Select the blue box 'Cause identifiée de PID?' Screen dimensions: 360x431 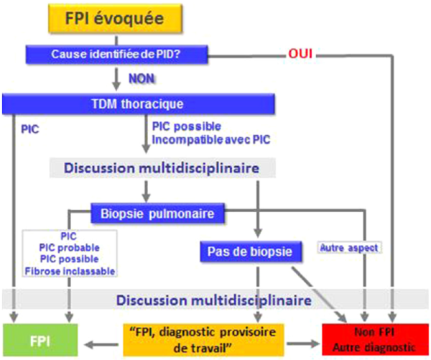[x=116, y=53]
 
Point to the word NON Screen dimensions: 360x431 [x=141, y=78]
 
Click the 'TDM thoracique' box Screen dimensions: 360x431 [x=139, y=103]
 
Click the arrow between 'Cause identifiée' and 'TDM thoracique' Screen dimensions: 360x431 [x=115, y=77]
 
